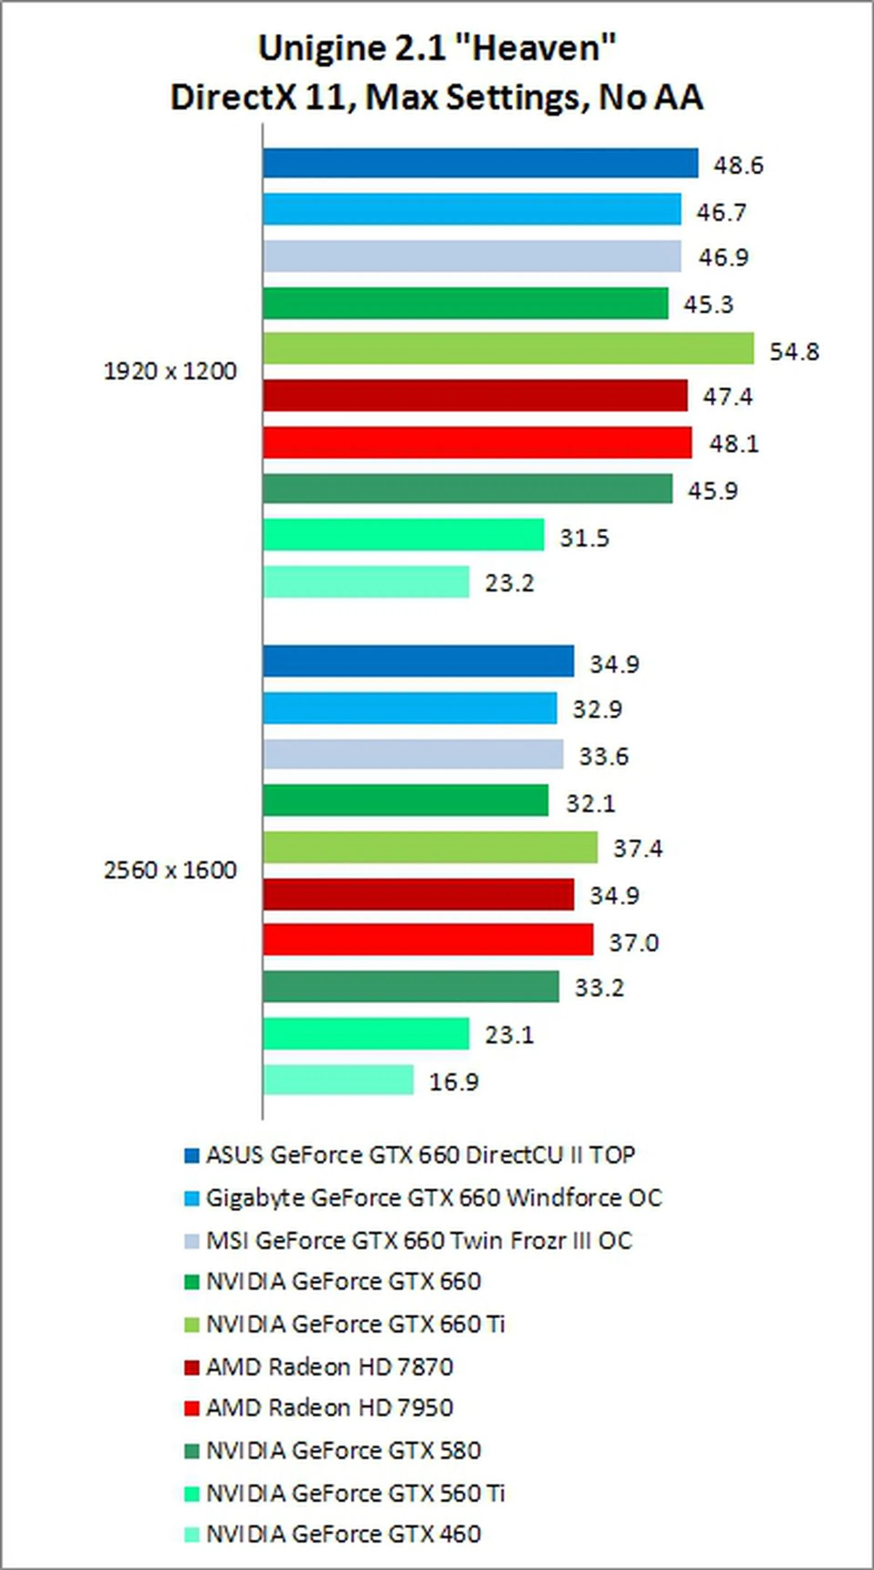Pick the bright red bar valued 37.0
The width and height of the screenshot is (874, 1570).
[x=428, y=940]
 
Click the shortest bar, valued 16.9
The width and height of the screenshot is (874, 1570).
[x=338, y=1079]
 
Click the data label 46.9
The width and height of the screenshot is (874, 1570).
[x=723, y=257]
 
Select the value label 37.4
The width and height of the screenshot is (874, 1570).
[x=637, y=848]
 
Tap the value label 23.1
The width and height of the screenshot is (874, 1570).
[x=509, y=1034]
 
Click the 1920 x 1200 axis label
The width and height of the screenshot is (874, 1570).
[x=170, y=371]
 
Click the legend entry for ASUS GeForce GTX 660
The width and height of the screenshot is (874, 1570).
[x=420, y=1155]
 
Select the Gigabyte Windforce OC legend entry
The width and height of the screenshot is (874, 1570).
[x=433, y=1198]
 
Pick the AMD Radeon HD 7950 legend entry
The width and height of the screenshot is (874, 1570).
[x=329, y=1408]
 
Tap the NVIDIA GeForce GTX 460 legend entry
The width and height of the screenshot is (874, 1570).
[x=343, y=1533]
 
